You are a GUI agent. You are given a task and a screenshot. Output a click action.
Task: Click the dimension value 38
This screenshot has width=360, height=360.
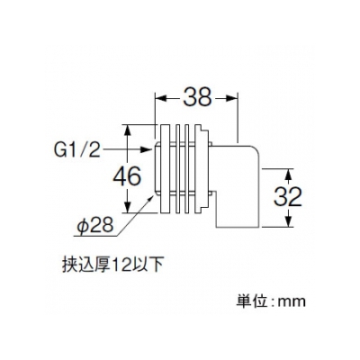pos(197,97)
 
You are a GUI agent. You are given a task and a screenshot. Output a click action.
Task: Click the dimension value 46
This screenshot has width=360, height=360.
pos(127,176)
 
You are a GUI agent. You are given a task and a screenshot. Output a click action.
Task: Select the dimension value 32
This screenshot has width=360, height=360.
pos(288,197)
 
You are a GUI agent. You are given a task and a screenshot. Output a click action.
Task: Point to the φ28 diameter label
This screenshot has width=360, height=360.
pos(94,225)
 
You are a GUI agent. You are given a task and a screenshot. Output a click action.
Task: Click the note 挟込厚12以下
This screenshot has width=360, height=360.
pos(112,265)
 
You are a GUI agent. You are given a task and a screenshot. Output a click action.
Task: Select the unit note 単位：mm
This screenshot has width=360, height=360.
pos(271,301)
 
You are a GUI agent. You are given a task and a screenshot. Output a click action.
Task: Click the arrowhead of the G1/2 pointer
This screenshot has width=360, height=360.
pos(146,149)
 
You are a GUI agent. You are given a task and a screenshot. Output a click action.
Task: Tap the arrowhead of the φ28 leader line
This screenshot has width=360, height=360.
pos(152,197)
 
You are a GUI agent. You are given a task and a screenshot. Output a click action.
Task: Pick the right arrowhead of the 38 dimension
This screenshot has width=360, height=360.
pos(232,97)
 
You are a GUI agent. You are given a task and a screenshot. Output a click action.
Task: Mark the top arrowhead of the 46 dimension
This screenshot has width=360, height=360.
pos(128,130)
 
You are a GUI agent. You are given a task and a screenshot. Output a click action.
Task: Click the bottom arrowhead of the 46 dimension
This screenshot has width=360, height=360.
pos(128,207)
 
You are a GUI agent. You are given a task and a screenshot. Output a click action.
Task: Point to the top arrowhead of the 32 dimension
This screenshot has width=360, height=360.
pos(288,175)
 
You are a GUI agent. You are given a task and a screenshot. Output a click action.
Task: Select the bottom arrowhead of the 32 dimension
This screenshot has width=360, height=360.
pos(288,221)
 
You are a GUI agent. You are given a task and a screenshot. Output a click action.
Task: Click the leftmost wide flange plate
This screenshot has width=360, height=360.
pos(166,169)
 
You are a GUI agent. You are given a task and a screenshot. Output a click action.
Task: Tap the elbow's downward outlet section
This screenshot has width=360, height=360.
pos(237,207)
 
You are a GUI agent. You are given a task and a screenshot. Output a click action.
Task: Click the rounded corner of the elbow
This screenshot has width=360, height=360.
pos(252,151)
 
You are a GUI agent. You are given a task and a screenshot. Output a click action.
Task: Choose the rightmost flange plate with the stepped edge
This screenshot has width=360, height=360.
pos(201,169)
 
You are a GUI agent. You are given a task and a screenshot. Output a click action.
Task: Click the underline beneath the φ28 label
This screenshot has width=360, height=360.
pos(96,236)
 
